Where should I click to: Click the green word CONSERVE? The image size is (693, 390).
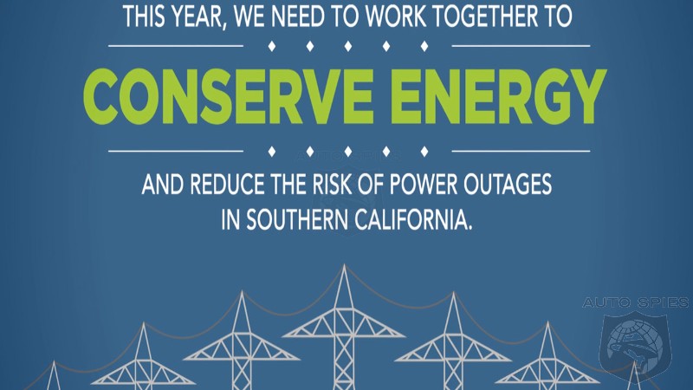pos(228,96)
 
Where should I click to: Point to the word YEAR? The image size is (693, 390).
pos(199,16)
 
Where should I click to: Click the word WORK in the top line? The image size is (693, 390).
pos(396,16)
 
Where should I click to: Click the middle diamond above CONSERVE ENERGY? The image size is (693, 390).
pos(348,46)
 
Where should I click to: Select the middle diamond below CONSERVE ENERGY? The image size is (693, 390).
pos(348,152)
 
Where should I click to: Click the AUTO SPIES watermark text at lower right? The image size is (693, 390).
pos(636,302)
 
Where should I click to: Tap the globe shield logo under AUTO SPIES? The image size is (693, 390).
pos(636,341)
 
